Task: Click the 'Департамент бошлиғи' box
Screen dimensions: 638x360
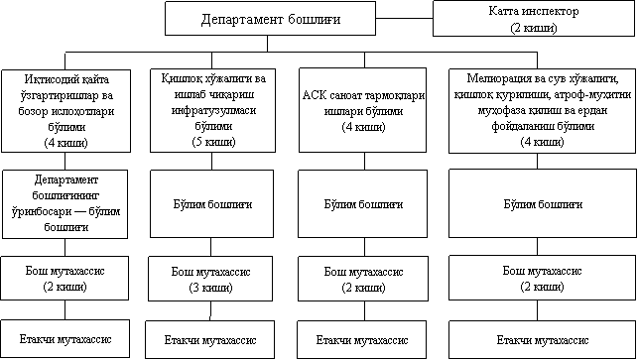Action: click(270, 18)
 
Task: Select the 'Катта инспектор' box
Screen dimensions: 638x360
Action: click(534, 18)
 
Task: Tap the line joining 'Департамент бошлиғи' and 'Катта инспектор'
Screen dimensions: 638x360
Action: click(404, 18)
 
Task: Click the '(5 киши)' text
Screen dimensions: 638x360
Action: click(213, 142)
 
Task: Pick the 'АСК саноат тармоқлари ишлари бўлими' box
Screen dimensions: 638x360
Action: click(362, 110)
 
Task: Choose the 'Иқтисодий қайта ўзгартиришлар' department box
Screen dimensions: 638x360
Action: click(65, 111)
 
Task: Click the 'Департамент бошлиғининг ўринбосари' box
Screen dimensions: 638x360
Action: click(65, 204)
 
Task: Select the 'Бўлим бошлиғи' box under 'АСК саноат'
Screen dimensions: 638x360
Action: click(362, 203)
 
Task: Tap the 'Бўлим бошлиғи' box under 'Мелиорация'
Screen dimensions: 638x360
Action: click(543, 203)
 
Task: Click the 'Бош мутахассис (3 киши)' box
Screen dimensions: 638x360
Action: click(210, 279)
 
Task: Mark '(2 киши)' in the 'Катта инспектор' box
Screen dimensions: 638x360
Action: click(534, 28)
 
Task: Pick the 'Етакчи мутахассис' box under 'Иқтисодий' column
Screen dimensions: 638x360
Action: click(65, 338)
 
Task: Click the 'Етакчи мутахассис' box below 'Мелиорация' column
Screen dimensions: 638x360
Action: click(543, 339)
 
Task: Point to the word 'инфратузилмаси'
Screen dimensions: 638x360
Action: click(213, 110)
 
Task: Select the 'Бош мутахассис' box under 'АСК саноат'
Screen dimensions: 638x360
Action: click(363, 279)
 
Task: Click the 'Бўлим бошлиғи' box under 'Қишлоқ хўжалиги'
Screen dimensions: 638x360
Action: click(211, 203)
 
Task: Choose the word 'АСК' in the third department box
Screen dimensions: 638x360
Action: click(315, 95)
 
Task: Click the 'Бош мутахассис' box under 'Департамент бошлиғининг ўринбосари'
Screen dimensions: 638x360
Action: click(64, 279)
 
